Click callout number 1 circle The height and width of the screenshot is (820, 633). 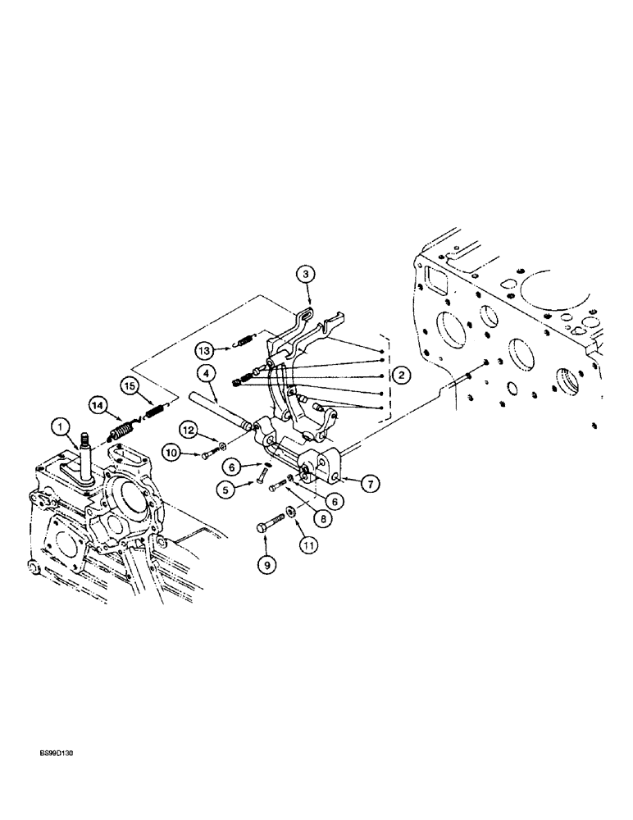[x=61, y=426]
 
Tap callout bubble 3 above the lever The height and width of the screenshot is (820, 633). [x=304, y=276]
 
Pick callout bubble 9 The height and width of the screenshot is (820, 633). [x=265, y=564]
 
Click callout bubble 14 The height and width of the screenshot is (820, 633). [x=98, y=404]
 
